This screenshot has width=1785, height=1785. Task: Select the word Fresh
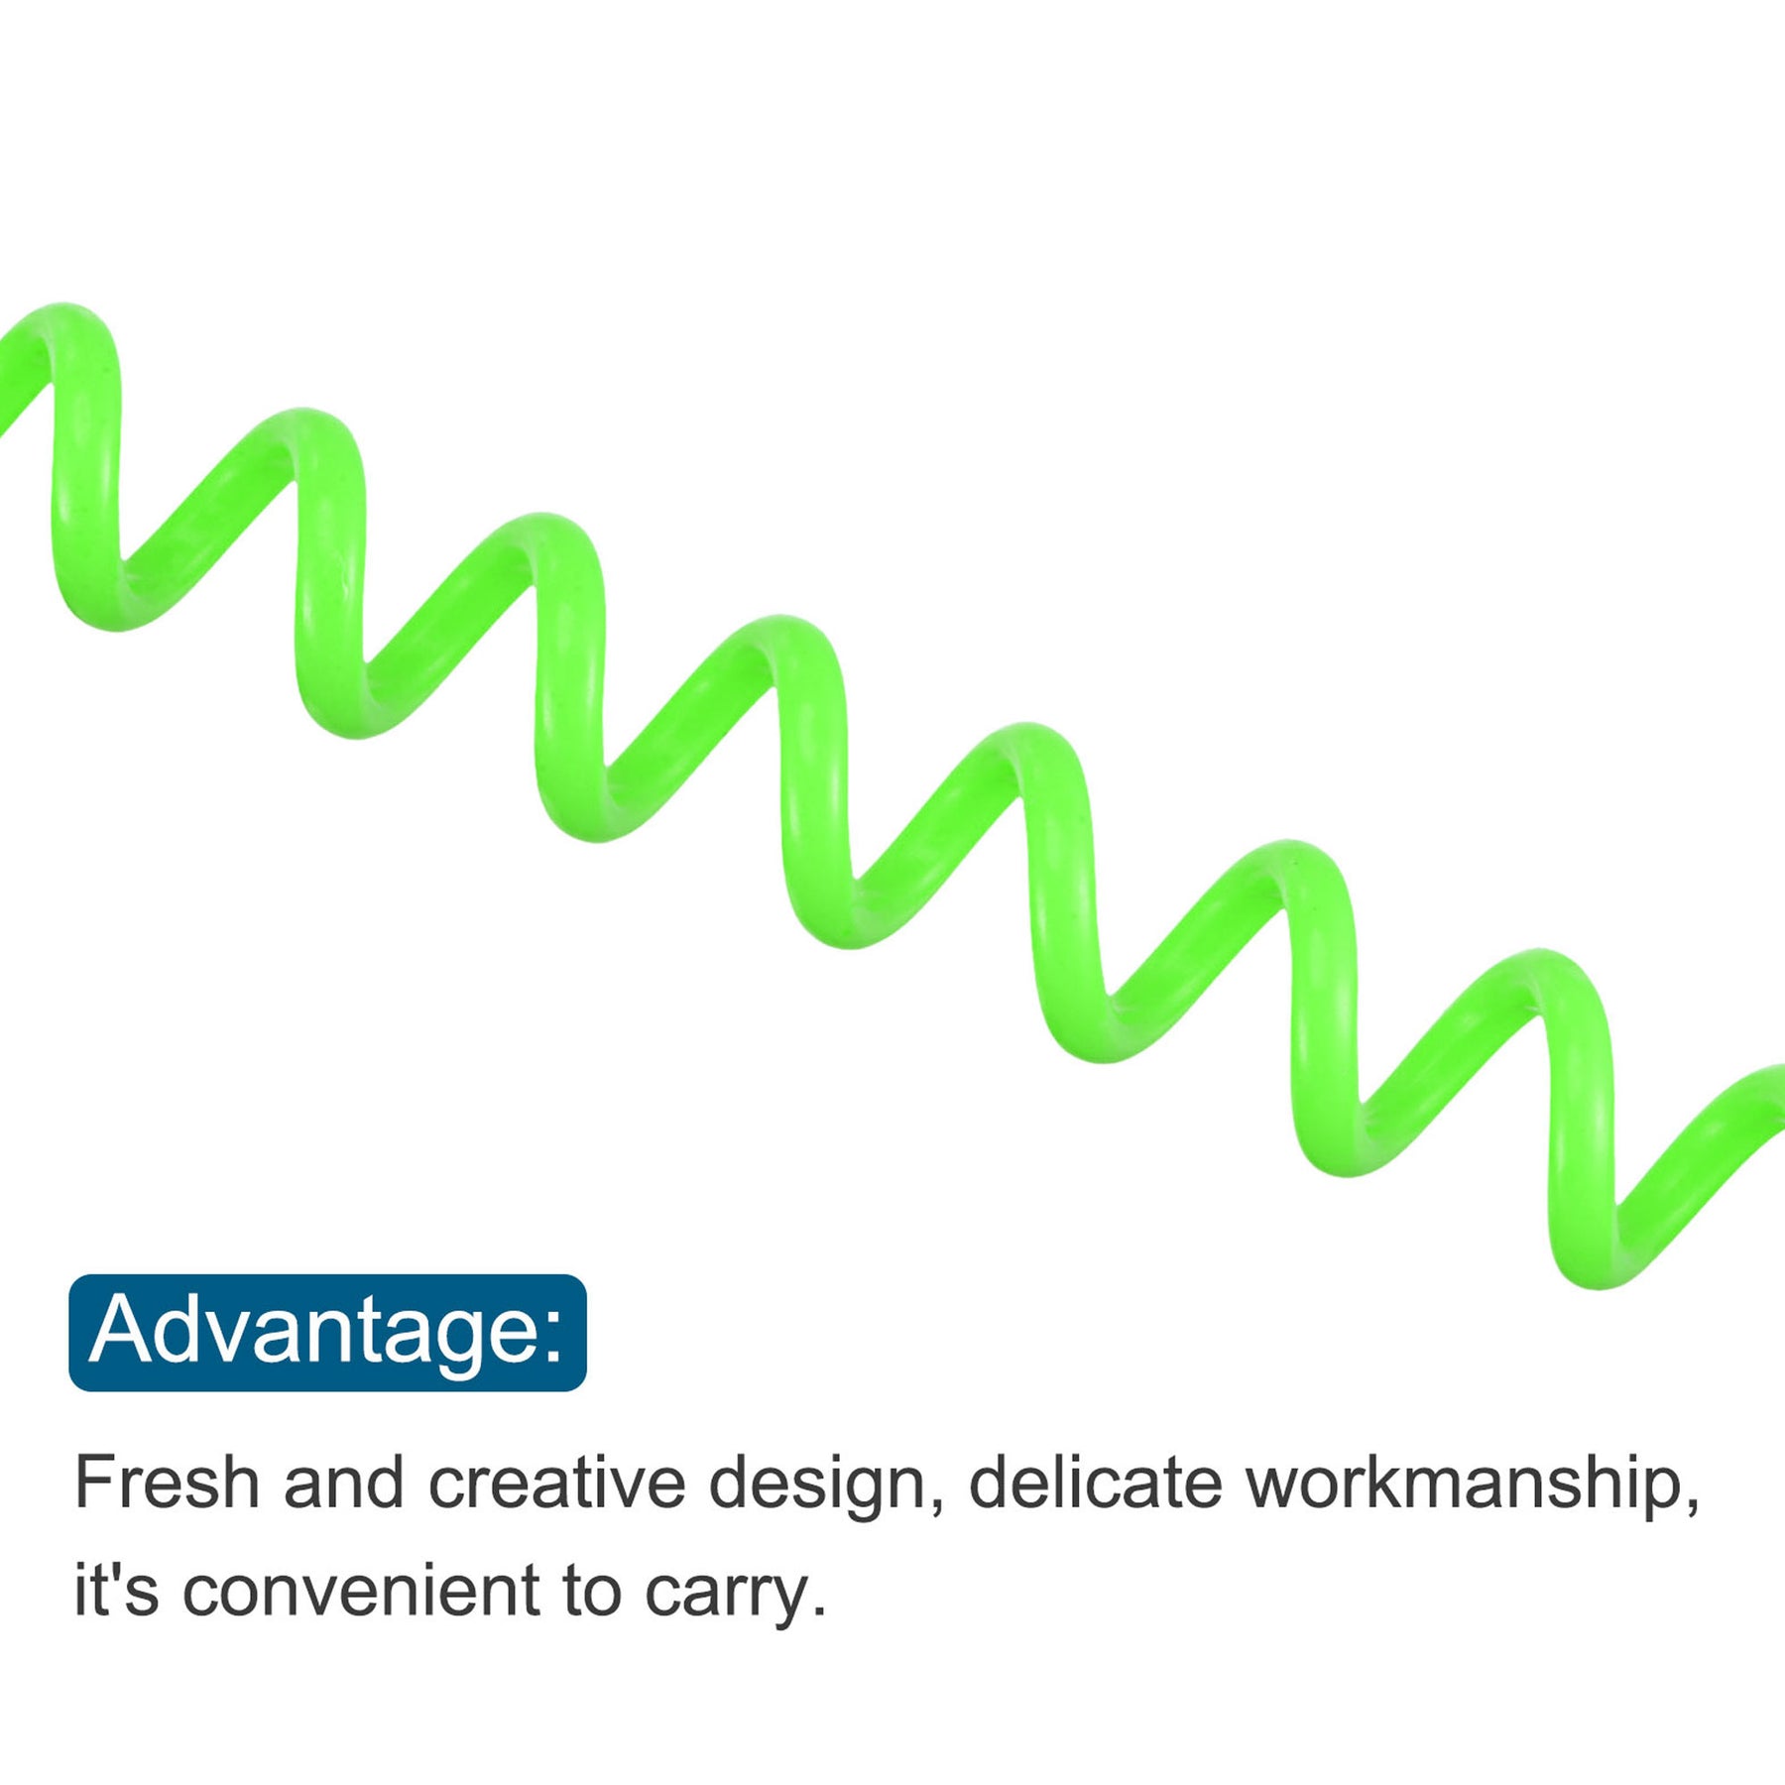tap(167, 1483)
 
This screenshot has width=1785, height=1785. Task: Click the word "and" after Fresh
tap(343, 1483)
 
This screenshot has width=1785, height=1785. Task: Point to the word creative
tap(556, 1483)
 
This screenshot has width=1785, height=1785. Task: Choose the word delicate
tap(1095, 1483)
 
